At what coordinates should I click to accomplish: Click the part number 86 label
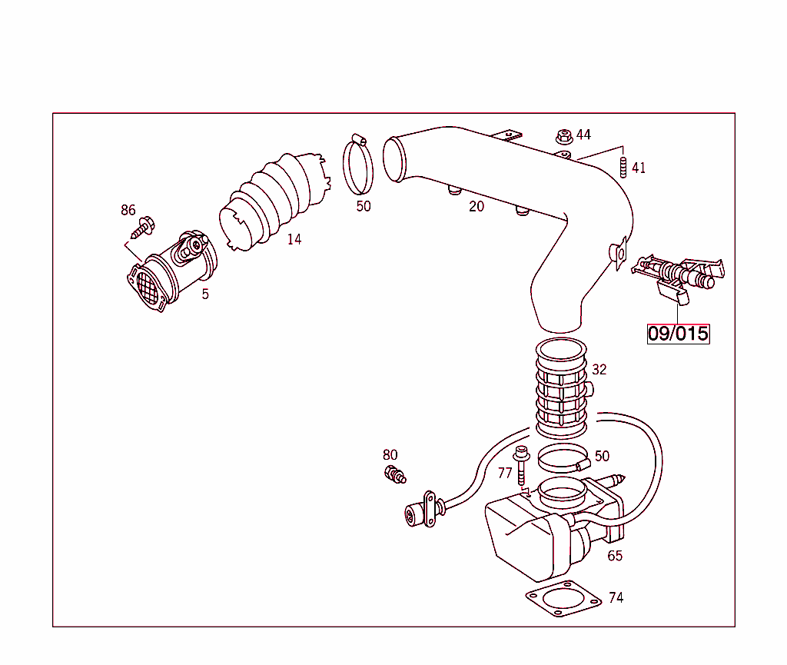tap(128, 210)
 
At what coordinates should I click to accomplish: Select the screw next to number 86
tap(143, 228)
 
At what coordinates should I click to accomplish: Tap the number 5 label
tap(205, 294)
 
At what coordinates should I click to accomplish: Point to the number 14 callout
tap(294, 239)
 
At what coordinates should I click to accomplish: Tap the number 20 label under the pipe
tap(477, 206)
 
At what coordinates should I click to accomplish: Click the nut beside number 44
tap(563, 137)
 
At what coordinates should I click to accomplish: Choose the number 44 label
tap(583, 135)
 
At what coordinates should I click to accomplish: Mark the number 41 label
tap(639, 168)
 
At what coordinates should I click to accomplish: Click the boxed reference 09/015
tap(678, 334)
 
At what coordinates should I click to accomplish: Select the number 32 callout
tap(599, 370)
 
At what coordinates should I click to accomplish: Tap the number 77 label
tap(505, 473)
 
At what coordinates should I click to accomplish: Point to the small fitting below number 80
tap(393, 474)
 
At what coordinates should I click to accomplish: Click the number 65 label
tap(615, 556)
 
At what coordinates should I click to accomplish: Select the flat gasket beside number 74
tap(562, 600)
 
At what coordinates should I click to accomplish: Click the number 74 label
tap(616, 597)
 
